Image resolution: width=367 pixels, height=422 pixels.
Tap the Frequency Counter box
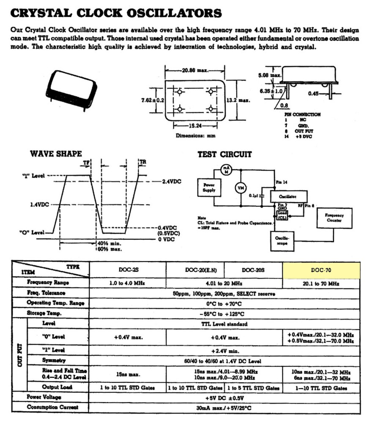pos(334,218)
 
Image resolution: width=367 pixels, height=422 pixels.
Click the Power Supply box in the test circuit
pos(209,187)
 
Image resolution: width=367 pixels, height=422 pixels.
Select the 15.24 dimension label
pos(194,126)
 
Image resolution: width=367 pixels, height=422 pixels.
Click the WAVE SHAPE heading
pos(55,154)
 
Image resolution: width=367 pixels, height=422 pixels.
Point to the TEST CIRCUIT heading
pos(225,154)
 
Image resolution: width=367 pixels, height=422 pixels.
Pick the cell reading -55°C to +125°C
pos(225,314)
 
